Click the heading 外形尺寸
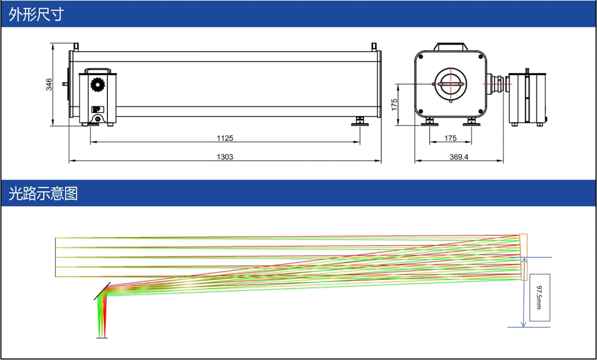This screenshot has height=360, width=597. tap(36, 14)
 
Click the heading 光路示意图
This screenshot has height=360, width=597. tap(43, 194)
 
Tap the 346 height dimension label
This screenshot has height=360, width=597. tap(49, 85)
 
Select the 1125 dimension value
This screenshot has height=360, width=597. tap(225, 138)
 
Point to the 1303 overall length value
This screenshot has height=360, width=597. tap(225, 156)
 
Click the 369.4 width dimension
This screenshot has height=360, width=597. tap(459, 156)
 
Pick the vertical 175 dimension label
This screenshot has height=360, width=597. tap(394, 105)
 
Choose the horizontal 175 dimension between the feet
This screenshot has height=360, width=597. tap(450, 138)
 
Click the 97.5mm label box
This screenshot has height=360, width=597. tap(539, 297)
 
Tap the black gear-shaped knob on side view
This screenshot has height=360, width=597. tap(97, 84)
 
